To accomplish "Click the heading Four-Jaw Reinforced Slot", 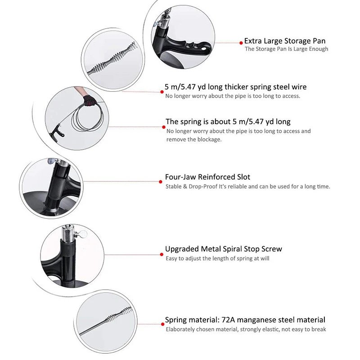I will coord(207,177).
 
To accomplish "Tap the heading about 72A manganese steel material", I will coord(245,320).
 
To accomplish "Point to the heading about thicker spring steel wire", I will coord(236,87).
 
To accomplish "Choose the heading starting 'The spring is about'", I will coord(228,121).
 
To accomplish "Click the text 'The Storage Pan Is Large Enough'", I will coord(286,49).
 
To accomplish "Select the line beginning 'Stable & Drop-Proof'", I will coord(247,186).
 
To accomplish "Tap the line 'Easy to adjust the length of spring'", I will coord(218,258).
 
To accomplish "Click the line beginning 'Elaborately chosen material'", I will coord(246,329).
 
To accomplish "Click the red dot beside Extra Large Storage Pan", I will coord(241,43).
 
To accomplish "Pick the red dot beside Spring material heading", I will coord(162,323).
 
